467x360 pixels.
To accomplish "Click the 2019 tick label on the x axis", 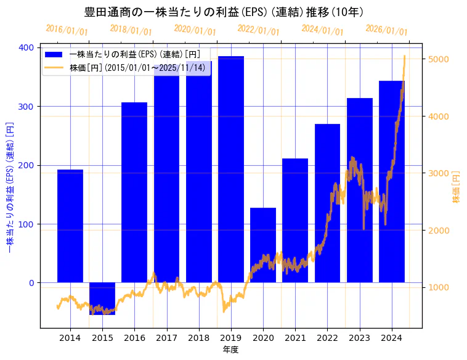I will pos(231,337).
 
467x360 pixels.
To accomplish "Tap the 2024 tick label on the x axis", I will pos(392,337).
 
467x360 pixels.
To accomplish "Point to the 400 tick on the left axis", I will pos(28,47).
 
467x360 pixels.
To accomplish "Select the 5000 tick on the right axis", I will pos(435,59).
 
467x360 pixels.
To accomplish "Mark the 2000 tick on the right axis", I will pos(435,231).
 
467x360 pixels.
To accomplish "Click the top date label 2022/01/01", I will pos(258,30).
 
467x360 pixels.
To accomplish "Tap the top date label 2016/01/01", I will pos(67,30).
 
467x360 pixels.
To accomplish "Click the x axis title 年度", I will pos(230,350).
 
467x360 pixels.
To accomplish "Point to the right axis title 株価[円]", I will pos(457,187).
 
